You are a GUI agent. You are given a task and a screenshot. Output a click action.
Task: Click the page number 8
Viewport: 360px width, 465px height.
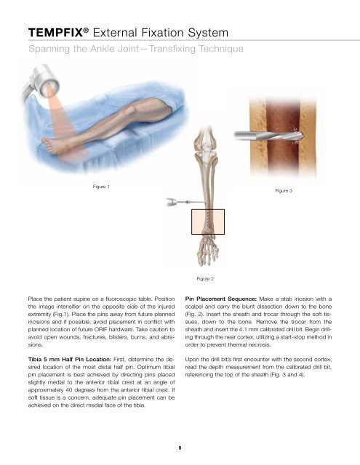coord(180,450)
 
